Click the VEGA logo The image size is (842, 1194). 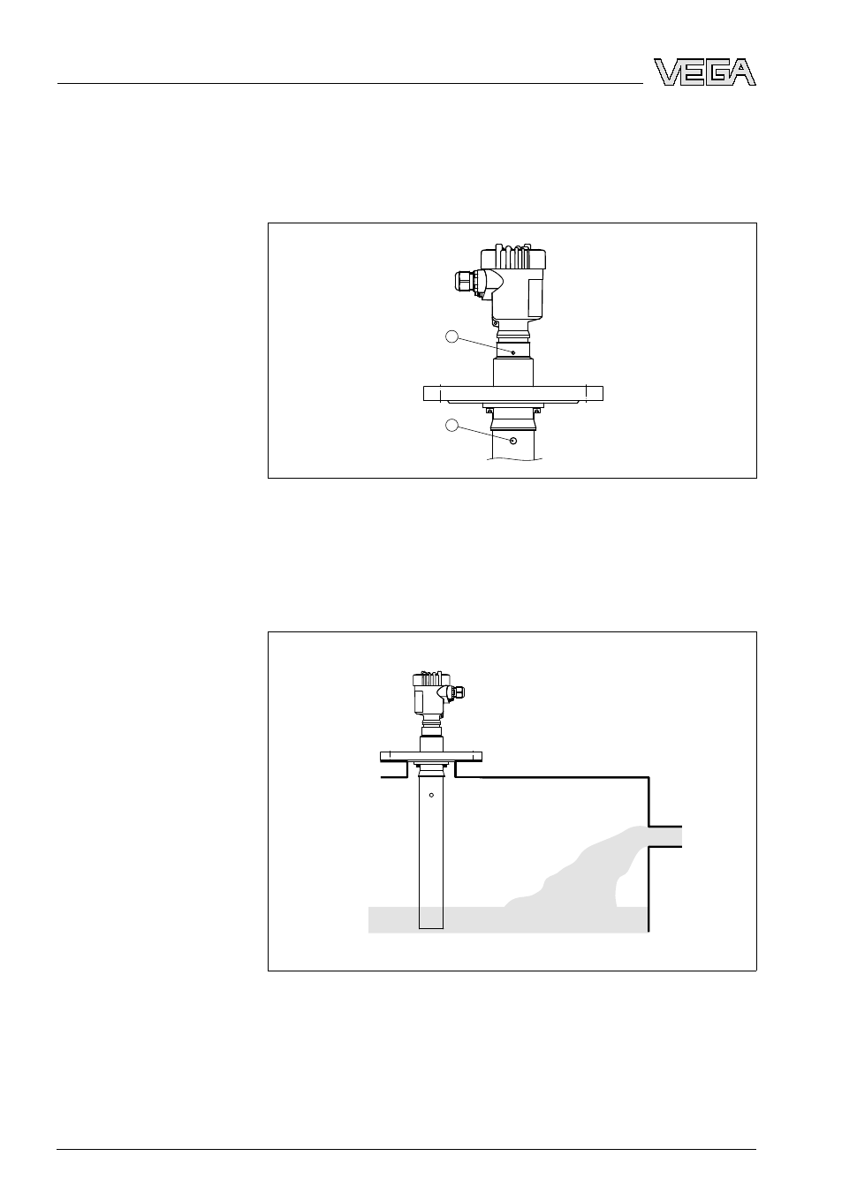pos(705,72)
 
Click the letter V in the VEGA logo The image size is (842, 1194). pos(666,72)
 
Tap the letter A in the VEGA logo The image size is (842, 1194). pos(743,72)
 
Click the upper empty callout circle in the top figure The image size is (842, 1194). pos(451,336)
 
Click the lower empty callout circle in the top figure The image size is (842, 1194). pos(451,425)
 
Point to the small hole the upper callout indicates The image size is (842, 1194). pos(513,352)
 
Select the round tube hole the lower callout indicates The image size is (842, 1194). pos(513,441)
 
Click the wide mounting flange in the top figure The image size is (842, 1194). pos(513,393)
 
